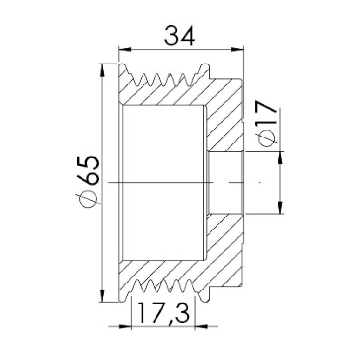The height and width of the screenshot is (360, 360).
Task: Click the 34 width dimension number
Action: (x=180, y=35)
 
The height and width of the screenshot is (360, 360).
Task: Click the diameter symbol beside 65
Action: (x=88, y=199)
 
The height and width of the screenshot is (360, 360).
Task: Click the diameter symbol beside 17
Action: (x=267, y=137)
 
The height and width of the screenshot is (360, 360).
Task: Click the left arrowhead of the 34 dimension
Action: (x=125, y=50)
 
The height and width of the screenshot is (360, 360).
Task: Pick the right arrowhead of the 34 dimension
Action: (x=237, y=50)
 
